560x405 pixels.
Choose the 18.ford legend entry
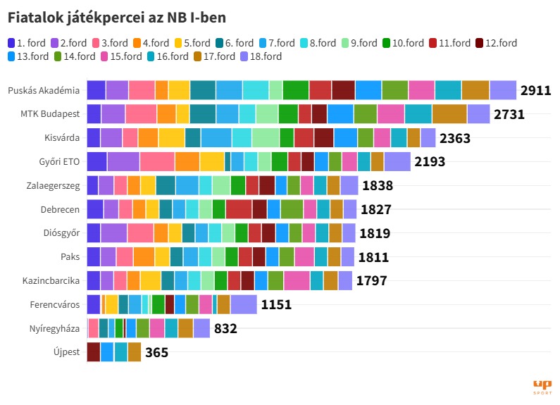(x=261, y=56)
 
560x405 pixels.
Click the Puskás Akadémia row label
(x=44, y=90)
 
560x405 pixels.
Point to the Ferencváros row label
(x=55, y=304)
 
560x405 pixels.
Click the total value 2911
(x=535, y=91)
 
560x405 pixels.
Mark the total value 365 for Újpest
(x=156, y=352)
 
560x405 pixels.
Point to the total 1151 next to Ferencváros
(x=276, y=305)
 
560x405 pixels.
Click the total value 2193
(x=430, y=162)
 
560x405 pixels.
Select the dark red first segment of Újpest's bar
(x=93, y=352)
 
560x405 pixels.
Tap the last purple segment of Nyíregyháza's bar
(x=201, y=328)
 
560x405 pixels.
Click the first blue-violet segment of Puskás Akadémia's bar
(x=96, y=90)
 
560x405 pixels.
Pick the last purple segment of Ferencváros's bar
(x=244, y=304)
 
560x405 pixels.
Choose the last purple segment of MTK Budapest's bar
(x=478, y=114)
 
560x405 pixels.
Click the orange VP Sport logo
(x=542, y=386)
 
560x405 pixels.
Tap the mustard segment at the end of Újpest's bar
(x=135, y=352)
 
